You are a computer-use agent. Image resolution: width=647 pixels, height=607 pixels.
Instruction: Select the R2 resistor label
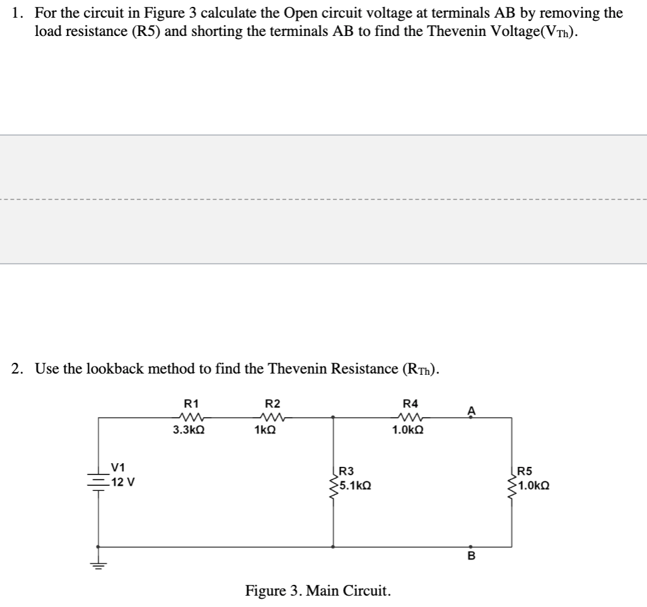pos(272,404)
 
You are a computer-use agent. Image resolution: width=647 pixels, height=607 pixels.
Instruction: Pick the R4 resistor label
pos(410,404)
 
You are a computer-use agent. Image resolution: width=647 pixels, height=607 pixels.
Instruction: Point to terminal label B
pos(470,557)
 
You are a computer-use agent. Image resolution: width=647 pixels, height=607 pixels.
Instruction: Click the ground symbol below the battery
pos(98,566)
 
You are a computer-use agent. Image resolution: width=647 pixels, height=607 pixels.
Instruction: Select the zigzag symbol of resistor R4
pos(410,416)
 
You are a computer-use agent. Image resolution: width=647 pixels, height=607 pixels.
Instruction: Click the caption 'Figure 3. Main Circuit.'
pos(318,591)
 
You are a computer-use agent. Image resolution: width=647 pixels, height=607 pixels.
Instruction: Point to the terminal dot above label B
pos(470,546)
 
